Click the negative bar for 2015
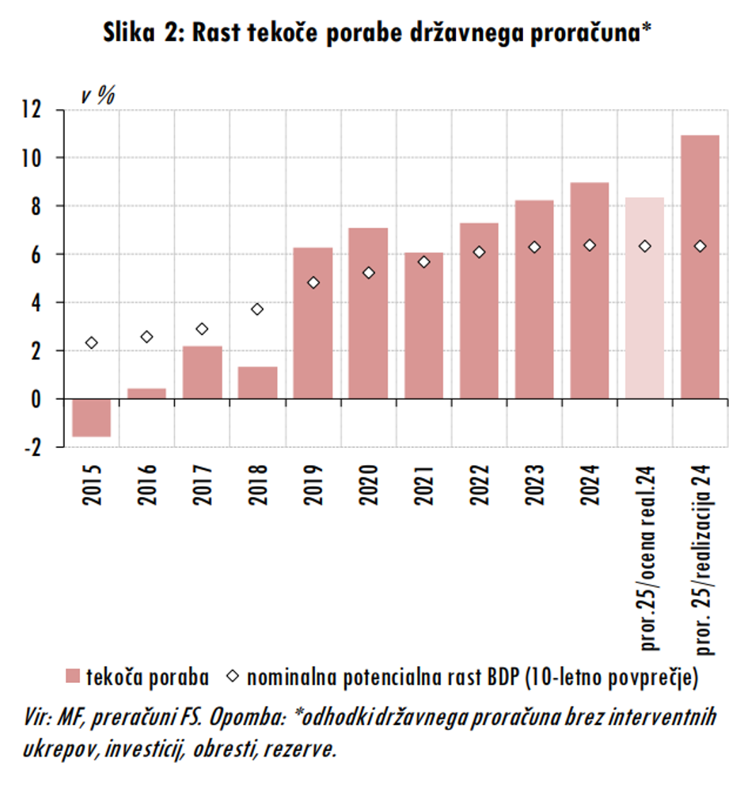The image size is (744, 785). coord(91,417)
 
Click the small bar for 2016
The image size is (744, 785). coord(146,393)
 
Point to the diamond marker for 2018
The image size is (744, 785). coord(257,309)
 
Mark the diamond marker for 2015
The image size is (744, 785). coord(91,343)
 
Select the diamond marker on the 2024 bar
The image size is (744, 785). coord(589,245)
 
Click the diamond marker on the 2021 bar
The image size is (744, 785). coord(423,262)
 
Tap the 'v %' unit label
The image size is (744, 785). coord(98,96)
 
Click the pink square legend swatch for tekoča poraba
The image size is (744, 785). coord(73,677)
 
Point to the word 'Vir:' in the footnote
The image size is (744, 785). coord(38,718)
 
